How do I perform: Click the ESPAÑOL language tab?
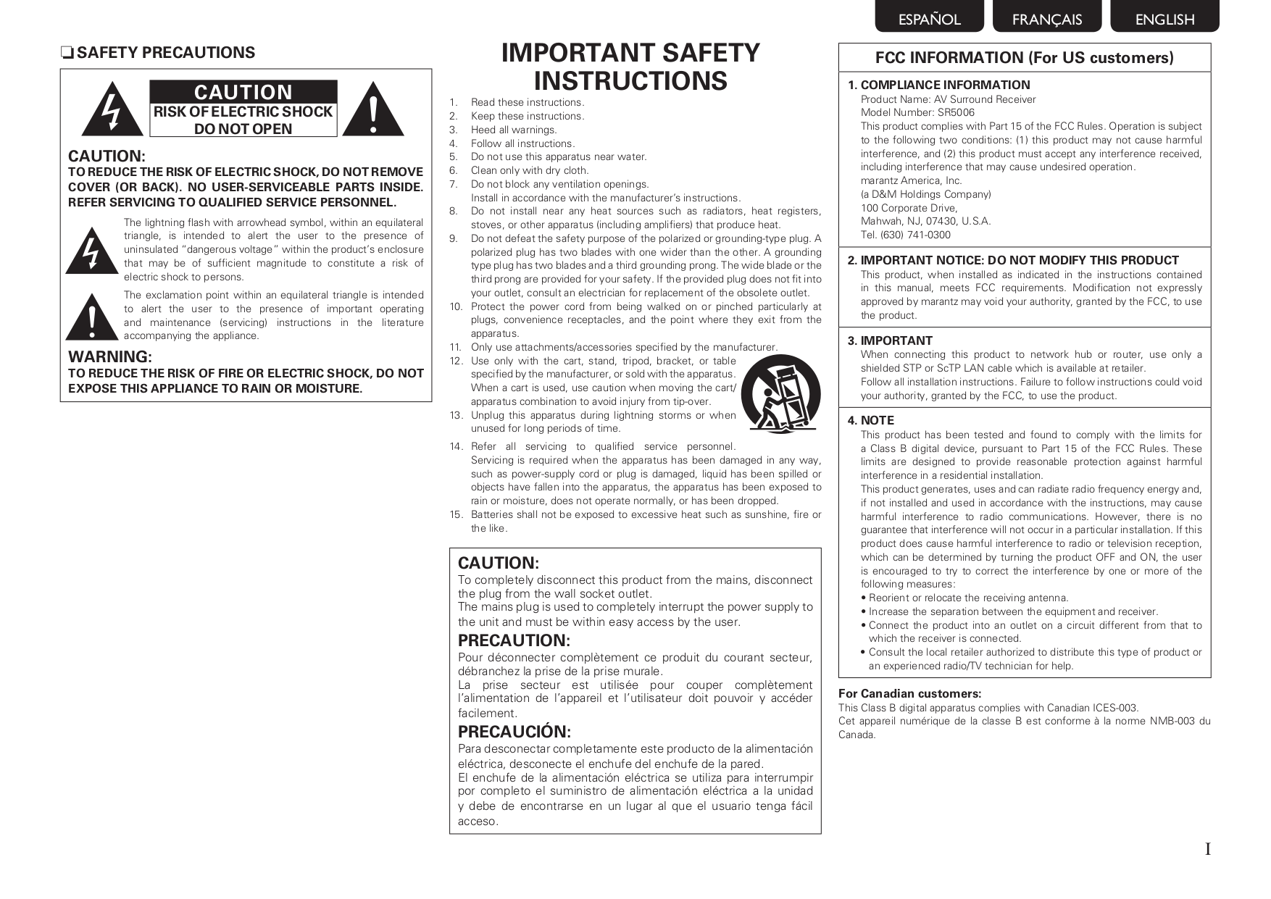click(929, 19)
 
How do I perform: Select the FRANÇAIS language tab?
click(1046, 19)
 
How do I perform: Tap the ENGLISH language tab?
click(1164, 19)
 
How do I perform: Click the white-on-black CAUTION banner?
click(243, 92)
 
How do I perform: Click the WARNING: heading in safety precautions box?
click(109, 356)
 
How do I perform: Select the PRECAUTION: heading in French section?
click(514, 640)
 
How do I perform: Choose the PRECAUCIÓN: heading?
click(514, 732)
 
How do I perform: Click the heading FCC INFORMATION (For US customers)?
click(1024, 58)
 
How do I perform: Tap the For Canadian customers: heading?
click(909, 693)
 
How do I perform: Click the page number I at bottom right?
click(1207, 849)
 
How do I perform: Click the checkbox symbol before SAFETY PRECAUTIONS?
click(67, 53)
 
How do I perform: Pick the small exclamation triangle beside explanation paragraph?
click(91, 317)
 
